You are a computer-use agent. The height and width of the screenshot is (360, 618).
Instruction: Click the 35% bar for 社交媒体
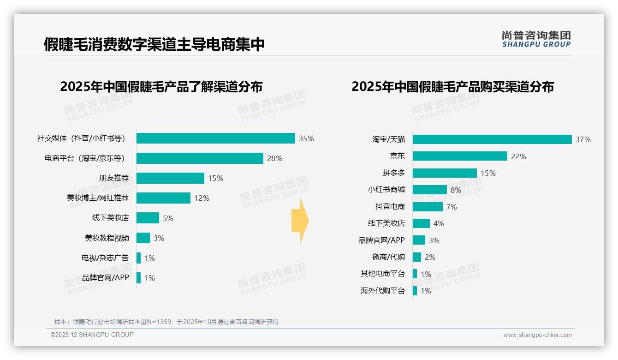(x=215, y=138)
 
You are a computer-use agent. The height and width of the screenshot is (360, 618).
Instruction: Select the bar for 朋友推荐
(x=170, y=178)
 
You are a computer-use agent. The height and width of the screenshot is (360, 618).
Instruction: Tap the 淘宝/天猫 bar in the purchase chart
(x=492, y=139)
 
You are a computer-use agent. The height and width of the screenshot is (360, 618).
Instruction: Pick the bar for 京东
(x=460, y=156)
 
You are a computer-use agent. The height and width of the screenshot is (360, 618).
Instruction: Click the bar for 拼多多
(x=445, y=173)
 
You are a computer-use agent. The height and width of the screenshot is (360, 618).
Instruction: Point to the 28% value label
(x=274, y=158)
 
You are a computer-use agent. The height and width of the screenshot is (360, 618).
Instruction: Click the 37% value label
(x=583, y=139)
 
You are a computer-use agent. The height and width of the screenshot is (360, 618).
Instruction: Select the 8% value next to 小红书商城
(x=456, y=190)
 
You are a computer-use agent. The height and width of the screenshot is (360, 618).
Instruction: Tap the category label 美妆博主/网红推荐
(x=98, y=198)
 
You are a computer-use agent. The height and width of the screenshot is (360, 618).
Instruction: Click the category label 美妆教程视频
(x=107, y=238)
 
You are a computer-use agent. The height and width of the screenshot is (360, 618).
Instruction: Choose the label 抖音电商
(x=390, y=207)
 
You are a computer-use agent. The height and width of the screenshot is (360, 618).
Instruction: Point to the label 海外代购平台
(x=382, y=291)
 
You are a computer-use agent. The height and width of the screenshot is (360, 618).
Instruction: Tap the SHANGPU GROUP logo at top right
(x=536, y=39)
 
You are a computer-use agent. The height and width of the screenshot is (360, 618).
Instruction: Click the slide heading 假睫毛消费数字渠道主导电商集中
(x=154, y=44)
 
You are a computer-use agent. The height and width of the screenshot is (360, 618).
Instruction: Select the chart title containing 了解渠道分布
(x=161, y=87)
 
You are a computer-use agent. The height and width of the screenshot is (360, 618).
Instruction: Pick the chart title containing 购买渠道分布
(x=452, y=87)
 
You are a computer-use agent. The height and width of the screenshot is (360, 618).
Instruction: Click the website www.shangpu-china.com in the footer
(x=537, y=335)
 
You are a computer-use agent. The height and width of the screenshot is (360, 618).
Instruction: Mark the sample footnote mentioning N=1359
(x=166, y=322)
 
